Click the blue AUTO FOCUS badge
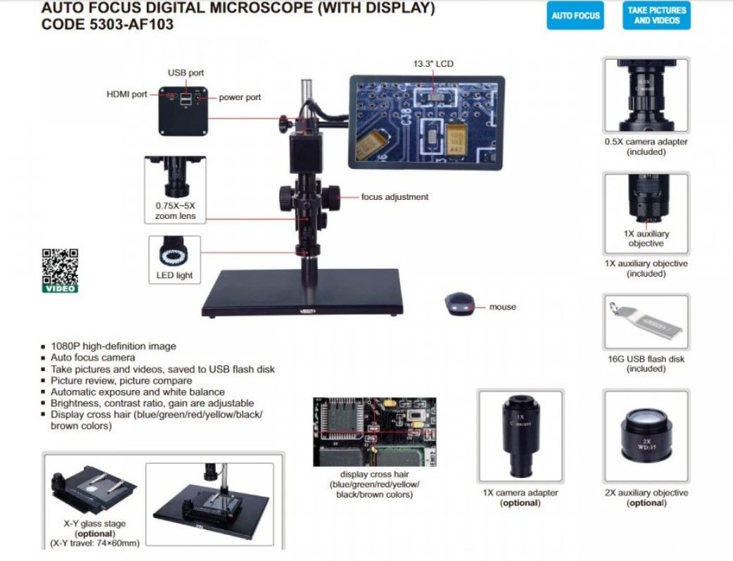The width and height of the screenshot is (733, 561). coord(575,15)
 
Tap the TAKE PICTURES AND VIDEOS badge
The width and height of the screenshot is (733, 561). coord(657,15)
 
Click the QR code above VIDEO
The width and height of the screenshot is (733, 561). coord(60,266)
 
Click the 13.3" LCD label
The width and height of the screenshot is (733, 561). coord(433,64)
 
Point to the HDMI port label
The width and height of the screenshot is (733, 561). coord(127,94)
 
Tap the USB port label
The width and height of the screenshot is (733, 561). coord(186,73)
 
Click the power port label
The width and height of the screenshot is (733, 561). coord(239,97)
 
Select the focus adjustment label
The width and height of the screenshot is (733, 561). coord(394,197)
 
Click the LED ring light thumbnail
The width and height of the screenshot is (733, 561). coord(174,254)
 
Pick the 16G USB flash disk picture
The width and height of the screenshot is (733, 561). coord(646,323)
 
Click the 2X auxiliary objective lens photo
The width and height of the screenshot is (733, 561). coord(646,435)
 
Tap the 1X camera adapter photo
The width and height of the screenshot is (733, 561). coord(520,435)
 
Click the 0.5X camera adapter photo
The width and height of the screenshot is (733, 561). coord(646,95)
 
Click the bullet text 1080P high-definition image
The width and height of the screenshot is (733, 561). coord(113,346)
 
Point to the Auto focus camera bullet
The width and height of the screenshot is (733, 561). coord(93,358)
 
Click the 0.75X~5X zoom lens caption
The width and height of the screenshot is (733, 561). coord(174,211)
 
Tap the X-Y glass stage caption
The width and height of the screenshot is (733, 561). coord(94,524)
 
